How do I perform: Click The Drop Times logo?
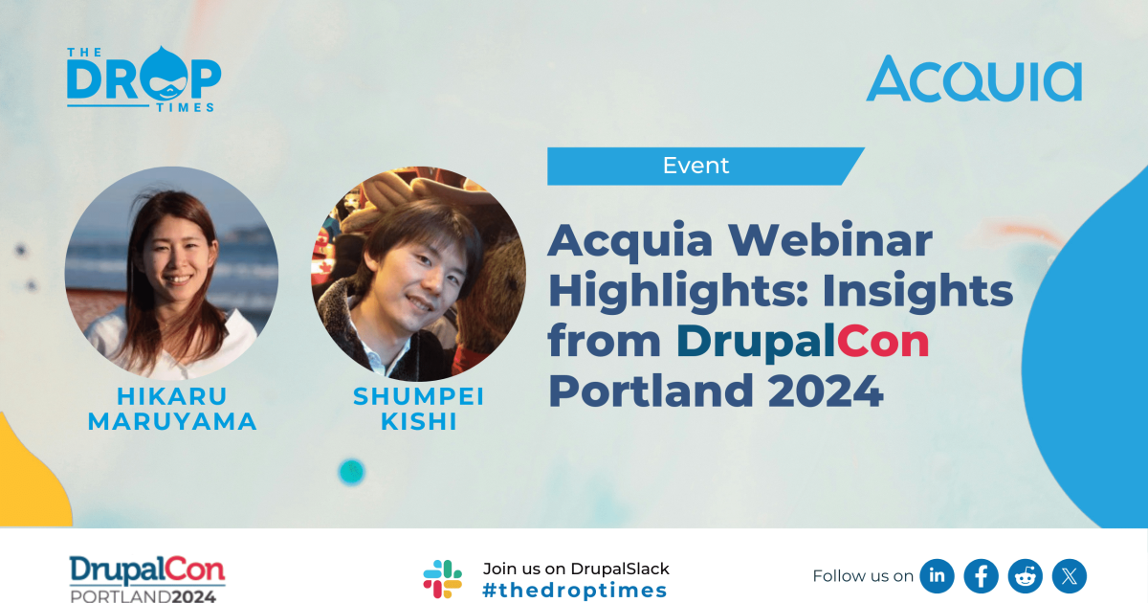[143, 78]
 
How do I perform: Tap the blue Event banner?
[696, 166]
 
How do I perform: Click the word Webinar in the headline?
[841, 240]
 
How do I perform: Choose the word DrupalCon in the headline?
[803, 342]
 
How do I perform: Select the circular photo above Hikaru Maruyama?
[172, 273]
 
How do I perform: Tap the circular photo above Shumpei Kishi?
[418, 275]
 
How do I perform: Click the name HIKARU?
[172, 396]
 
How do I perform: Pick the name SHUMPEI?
[418, 396]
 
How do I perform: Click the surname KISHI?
[418, 422]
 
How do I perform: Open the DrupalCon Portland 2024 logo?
[147, 578]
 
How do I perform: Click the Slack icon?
[443, 578]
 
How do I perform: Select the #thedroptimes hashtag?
[575, 591]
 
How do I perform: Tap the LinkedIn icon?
[938, 576]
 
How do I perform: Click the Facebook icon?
[982, 576]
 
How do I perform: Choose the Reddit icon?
[1026, 576]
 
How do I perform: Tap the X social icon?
[1070, 576]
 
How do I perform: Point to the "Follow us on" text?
[863, 576]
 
